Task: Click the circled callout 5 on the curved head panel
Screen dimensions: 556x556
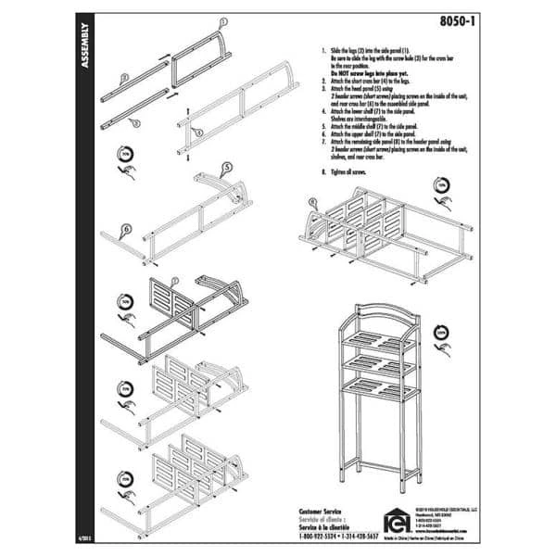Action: click(225, 170)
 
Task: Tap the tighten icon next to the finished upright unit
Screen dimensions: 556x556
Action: click(442, 335)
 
